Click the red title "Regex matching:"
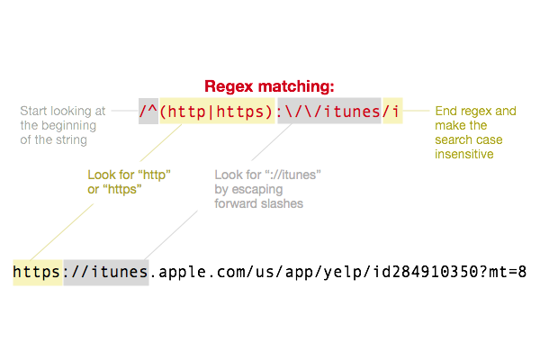click(x=270, y=86)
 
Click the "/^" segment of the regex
click(x=148, y=111)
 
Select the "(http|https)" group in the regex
click(x=217, y=111)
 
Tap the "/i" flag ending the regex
click(x=392, y=111)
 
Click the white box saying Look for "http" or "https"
click(x=128, y=180)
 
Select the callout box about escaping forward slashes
click(x=280, y=189)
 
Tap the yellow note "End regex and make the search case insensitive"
click(x=475, y=131)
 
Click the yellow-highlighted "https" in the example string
click(x=38, y=271)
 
